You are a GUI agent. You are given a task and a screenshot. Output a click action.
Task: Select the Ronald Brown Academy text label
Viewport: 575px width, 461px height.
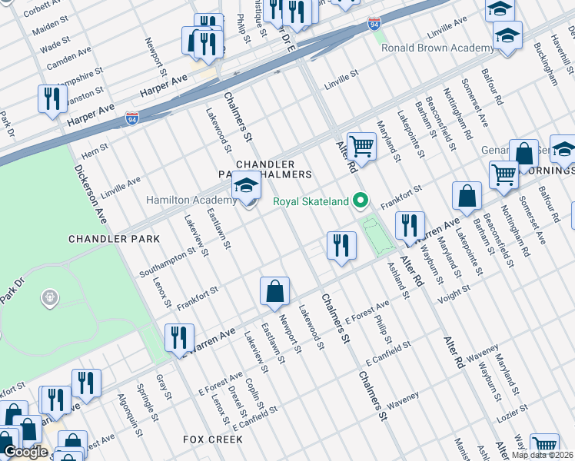click(437, 48)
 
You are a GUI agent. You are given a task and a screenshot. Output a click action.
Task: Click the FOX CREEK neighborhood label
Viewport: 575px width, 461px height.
click(213, 439)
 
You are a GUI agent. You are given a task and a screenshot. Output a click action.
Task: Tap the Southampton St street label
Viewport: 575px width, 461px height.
click(168, 262)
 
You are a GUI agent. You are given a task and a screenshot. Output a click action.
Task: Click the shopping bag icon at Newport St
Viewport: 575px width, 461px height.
click(274, 292)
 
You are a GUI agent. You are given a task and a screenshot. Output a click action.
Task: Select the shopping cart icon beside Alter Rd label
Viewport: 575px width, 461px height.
click(361, 145)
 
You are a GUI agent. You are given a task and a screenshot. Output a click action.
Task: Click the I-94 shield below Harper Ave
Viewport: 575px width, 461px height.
click(132, 118)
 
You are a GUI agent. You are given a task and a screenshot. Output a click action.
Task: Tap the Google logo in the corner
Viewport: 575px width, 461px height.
click(25, 452)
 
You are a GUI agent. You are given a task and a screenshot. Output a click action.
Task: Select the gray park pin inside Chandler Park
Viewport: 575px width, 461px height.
click(50, 297)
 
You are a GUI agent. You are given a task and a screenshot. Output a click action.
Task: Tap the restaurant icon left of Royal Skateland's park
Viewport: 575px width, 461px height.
click(341, 245)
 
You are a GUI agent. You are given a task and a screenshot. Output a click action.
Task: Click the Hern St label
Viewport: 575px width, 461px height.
click(95, 151)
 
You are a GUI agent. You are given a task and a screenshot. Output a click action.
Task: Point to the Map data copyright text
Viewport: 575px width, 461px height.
click(543, 455)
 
